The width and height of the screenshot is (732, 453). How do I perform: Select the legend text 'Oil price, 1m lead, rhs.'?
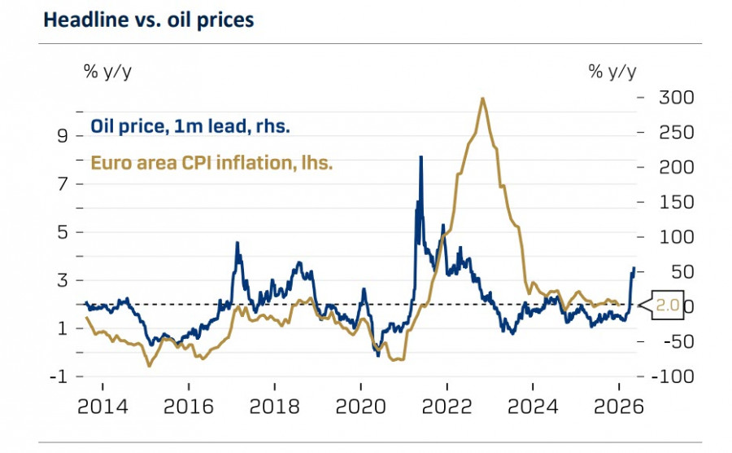tap(190, 126)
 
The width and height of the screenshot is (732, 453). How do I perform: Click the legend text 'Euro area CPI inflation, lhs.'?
tap(211, 162)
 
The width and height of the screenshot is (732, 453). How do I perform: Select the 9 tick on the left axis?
tap(61, 135)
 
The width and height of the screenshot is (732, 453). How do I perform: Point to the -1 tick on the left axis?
tap(58, 377)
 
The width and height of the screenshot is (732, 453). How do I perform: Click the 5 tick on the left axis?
tap(61, 232)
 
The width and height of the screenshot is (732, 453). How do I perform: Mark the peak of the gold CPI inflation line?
tap(483, 99)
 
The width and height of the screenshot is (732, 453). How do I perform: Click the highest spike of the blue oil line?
tap(420, 156)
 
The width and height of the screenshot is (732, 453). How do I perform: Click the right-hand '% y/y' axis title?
tap(612, 71)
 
